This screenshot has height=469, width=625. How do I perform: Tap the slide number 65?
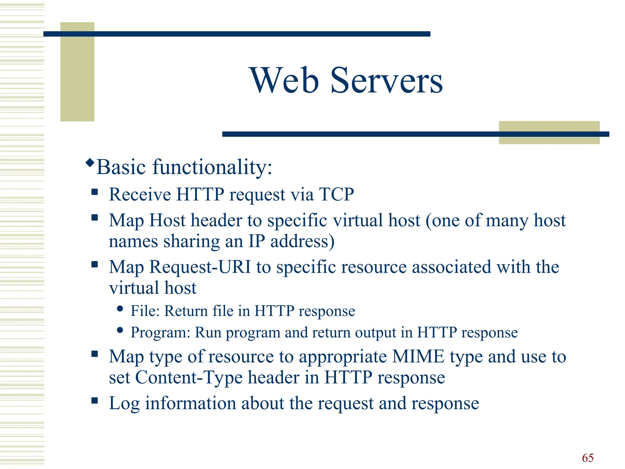(587, 458)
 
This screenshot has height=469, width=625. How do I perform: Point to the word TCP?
(336, 194)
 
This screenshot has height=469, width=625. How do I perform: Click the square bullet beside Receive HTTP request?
(95, 192)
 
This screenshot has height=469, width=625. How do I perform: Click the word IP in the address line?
(257, 241)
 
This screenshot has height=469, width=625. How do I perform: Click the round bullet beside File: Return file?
(120, 309)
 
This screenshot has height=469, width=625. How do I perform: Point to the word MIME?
(418, 356)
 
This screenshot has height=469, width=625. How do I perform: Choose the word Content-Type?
(189, 377)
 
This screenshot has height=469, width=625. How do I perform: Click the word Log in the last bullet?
(124, 404)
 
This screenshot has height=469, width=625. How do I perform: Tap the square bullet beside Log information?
(95, 400)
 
